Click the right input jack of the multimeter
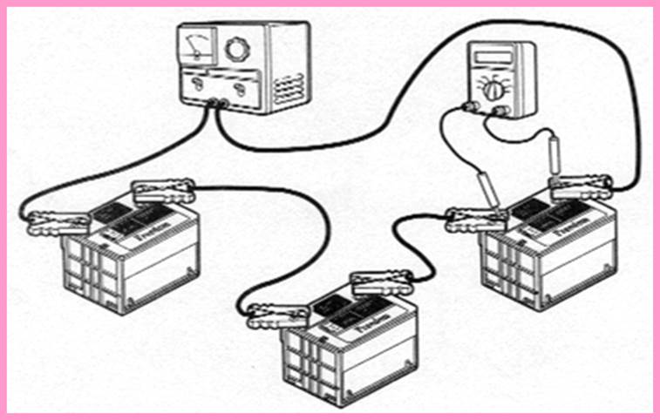click(503, 110)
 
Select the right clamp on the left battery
click(161, 188)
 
